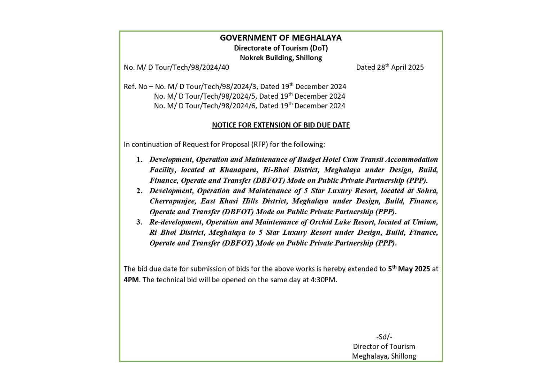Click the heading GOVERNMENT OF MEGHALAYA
coord(280,38)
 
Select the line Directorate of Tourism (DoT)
coord(280,48)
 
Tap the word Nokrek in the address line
coord(252,58)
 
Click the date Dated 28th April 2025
coord(390,67)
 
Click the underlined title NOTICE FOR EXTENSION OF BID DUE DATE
coord(280,125)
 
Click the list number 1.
coord(139,159)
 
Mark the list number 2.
coord(139,191)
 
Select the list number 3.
coord(139,222)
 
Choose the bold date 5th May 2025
coord(409,269)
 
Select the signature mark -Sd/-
coord(384,337)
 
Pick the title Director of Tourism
coord(384,347)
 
